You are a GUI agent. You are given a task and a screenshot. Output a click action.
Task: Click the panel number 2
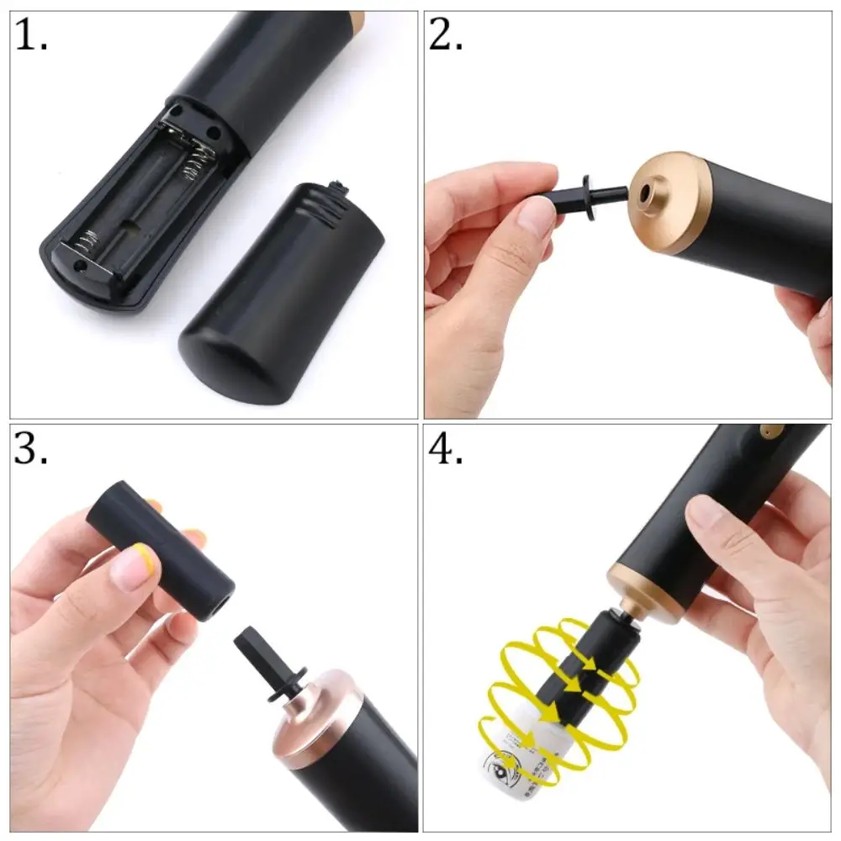[446, 35]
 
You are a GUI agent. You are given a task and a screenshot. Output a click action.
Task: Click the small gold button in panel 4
[767, 432]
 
